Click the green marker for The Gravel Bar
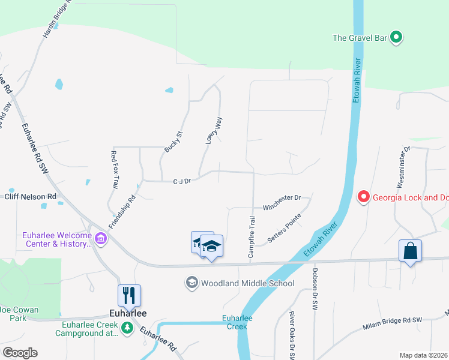coord(396,38)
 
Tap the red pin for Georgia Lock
coord(363,196)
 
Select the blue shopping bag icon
coord(410,251)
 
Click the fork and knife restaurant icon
coord(129,295)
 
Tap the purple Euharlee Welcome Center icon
coord(100,240)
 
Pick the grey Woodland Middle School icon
coord(191,283)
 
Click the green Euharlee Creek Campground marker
coord(127,328)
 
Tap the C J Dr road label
coord(181,180)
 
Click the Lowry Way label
coord(214,130)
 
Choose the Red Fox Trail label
coord(113,169)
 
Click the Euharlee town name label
coord(128,313)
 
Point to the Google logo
coord(20,352)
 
